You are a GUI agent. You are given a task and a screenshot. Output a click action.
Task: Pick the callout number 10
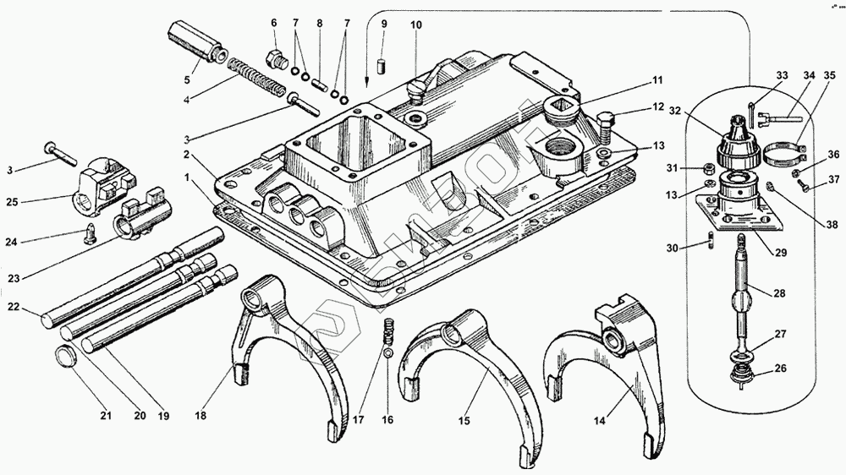click(415, 25)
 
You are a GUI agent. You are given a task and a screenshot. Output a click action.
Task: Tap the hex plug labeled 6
click(275, 59)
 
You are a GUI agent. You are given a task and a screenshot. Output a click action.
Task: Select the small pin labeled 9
click(382, 64)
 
